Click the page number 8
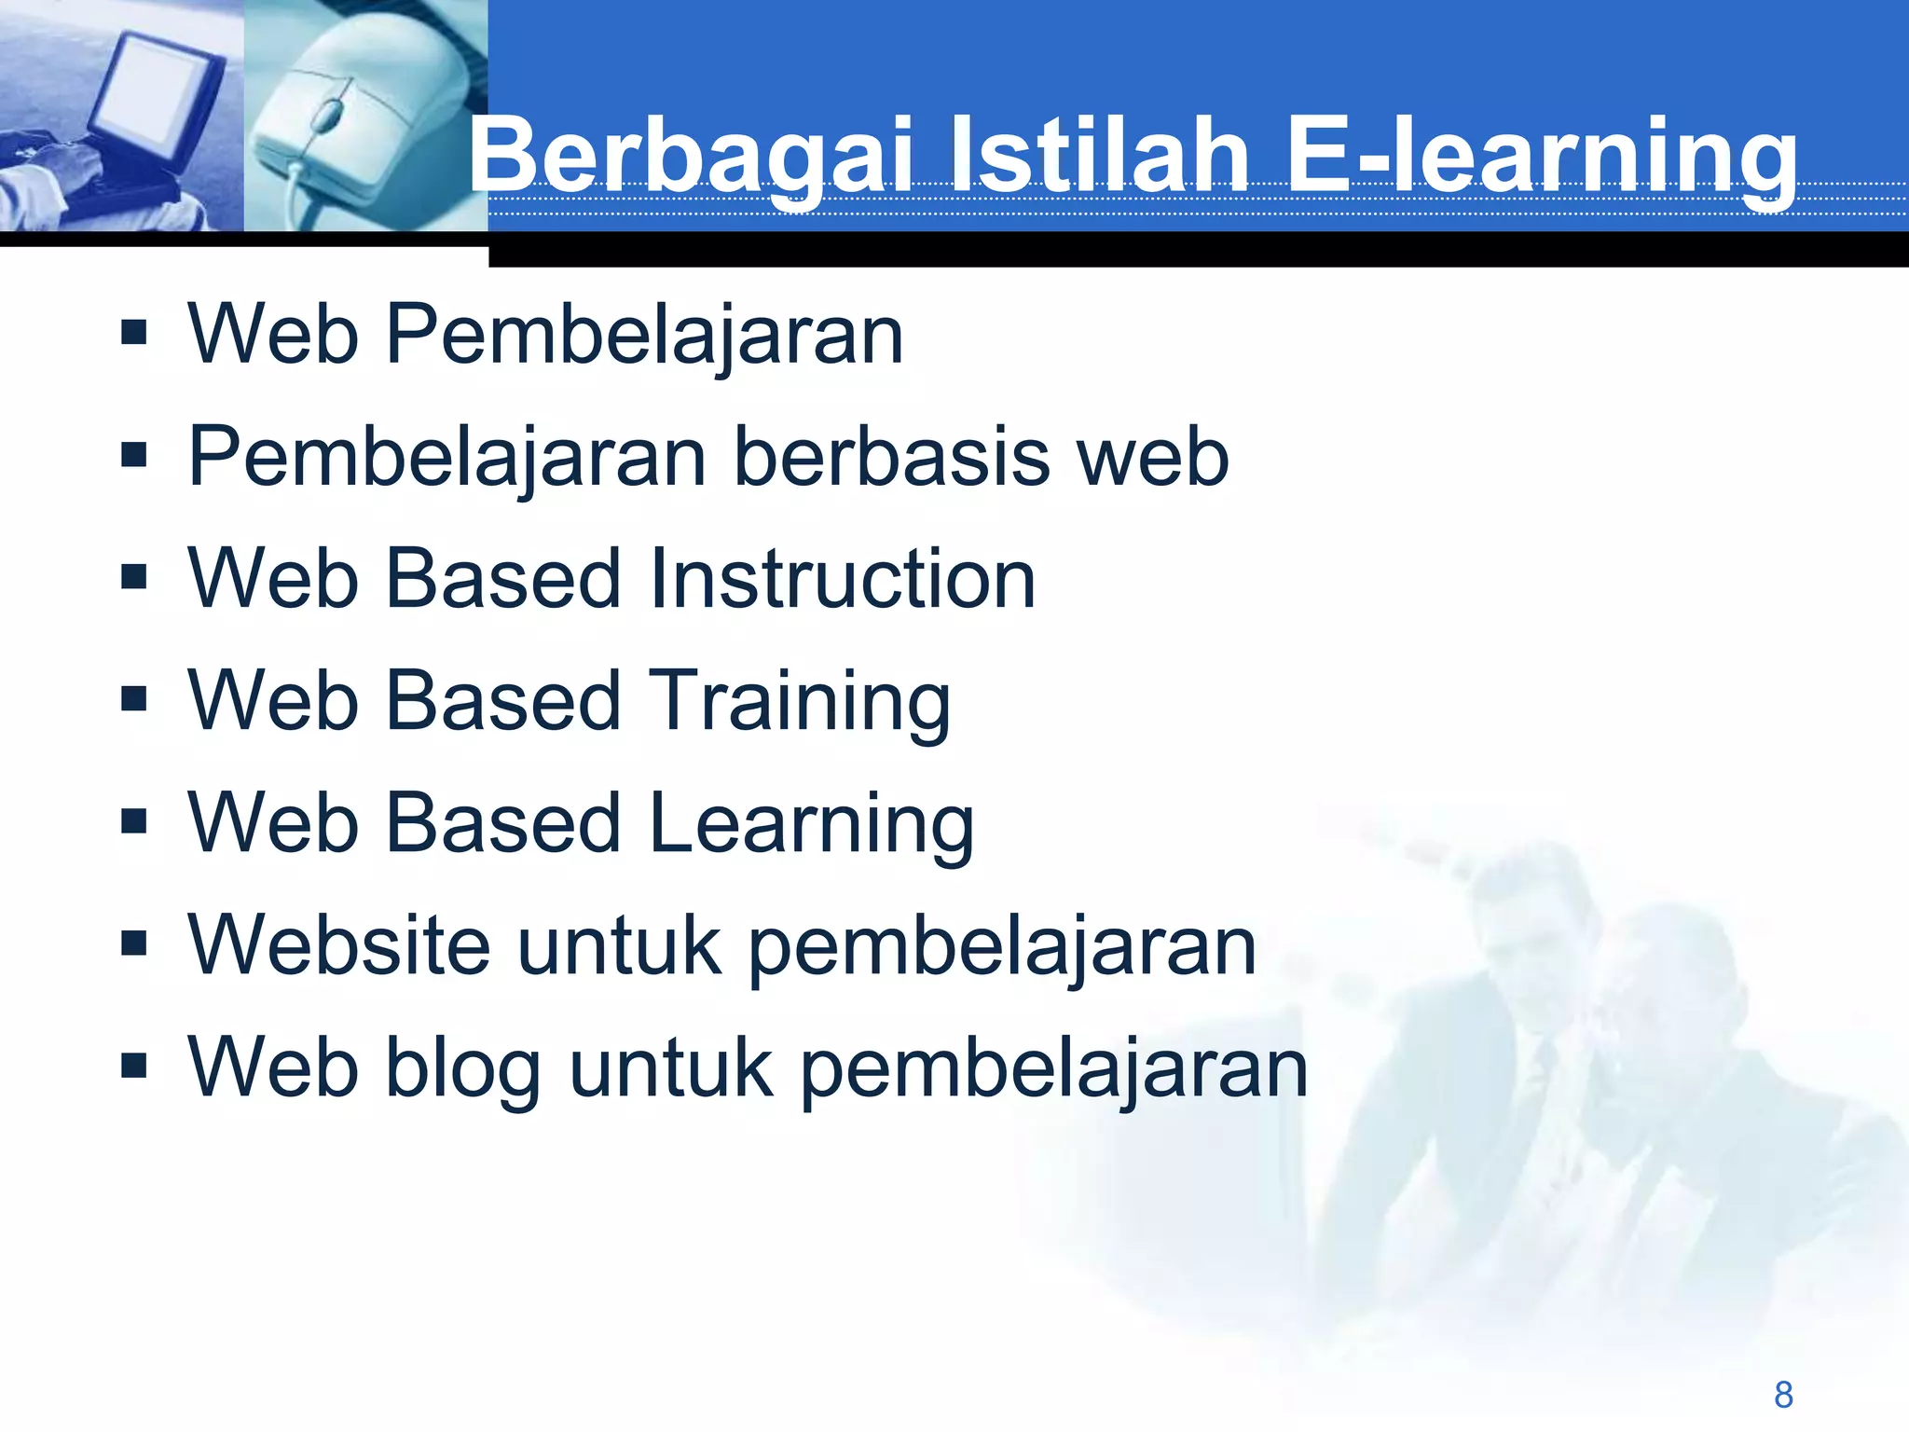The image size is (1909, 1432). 1783,1395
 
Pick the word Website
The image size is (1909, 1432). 339,945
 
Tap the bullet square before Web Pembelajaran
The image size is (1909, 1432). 134,333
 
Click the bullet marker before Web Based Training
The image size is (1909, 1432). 134,698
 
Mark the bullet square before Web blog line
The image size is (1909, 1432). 134,1065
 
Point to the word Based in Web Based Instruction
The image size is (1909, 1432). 503,579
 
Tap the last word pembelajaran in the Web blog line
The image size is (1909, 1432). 1054,1068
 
